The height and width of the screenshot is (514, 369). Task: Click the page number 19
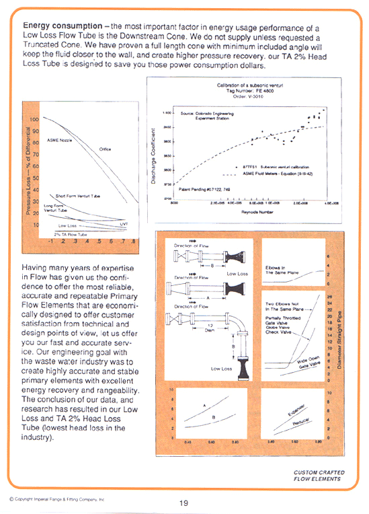[183, 502]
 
